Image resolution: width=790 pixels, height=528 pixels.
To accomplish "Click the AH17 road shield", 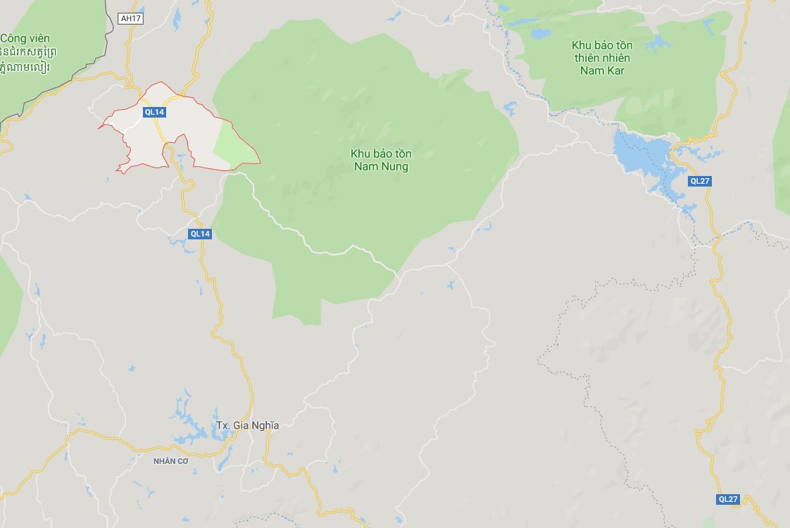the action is click(131, 19).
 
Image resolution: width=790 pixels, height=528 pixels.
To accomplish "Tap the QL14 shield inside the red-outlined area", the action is click(153, 111).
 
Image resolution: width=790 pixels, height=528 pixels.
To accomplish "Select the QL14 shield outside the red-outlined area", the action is click(200, 234).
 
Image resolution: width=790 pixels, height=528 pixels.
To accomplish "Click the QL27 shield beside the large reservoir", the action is click(700, 181).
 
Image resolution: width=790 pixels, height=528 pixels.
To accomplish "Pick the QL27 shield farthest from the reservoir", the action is click(728, 499).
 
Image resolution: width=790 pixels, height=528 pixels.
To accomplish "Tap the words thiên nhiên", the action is click(602, 58).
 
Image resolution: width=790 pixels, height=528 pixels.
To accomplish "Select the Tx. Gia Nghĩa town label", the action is click(247, 425).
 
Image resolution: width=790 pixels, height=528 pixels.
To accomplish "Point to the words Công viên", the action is click(25, 38).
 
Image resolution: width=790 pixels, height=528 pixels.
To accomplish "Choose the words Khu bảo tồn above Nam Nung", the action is click(381, 153).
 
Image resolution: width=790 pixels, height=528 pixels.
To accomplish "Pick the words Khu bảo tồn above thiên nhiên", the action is click(601, 45).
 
